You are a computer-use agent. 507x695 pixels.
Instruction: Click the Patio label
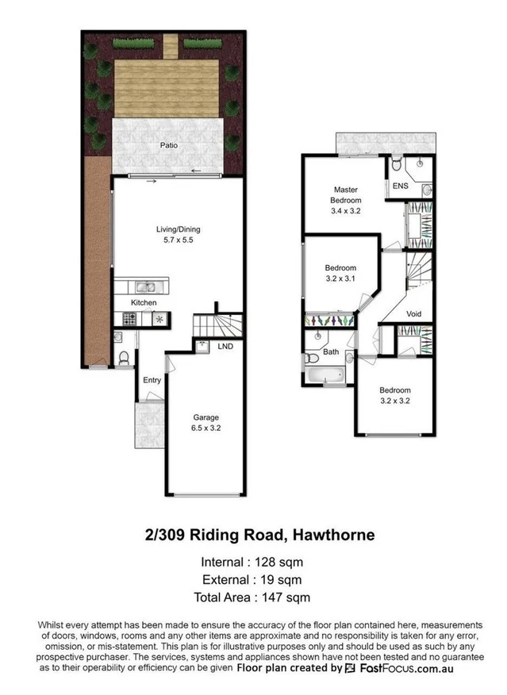pos(168,146)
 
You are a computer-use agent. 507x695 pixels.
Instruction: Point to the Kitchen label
pos(144,303)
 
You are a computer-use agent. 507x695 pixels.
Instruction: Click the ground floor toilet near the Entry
pos(122,359)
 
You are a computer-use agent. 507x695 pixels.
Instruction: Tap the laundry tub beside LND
pos(202,346)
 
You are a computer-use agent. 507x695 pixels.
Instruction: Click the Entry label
pos(152,381)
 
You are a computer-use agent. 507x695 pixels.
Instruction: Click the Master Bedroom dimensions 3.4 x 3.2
pos(345,210)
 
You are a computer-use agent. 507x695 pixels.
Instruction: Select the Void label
pos(413,313)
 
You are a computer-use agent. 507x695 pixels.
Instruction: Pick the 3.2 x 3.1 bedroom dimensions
pos(340,279)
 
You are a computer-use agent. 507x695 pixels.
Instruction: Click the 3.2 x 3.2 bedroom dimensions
pos(394,400)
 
